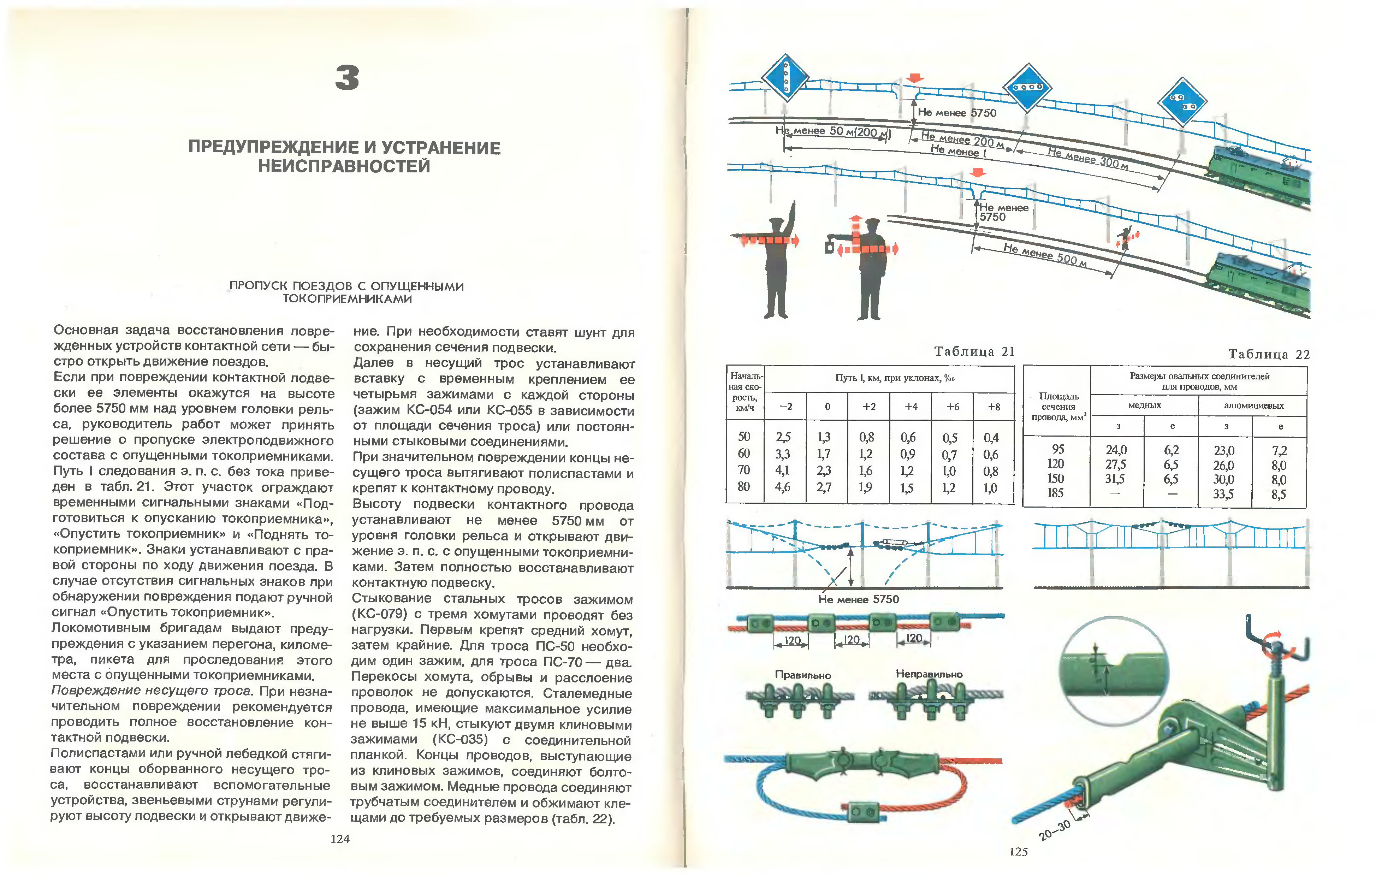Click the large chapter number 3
pyautogui.click(x=347, y=78)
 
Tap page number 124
pyautogui.click(x=340, y=839)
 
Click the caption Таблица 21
pyautogui.click(x=974, y=351)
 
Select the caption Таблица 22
pyautogui.click(x=1269, y=354)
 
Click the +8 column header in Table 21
pyautogui.click(x=994, y=407)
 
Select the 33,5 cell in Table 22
pyautogui.click(x=1223, y=494)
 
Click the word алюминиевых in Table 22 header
pyautogui.click(x=1254, y=406)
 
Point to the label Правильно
pyautogui.click(x=802, y=675)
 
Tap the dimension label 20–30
pyautogui.click(x=1054, y=831)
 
